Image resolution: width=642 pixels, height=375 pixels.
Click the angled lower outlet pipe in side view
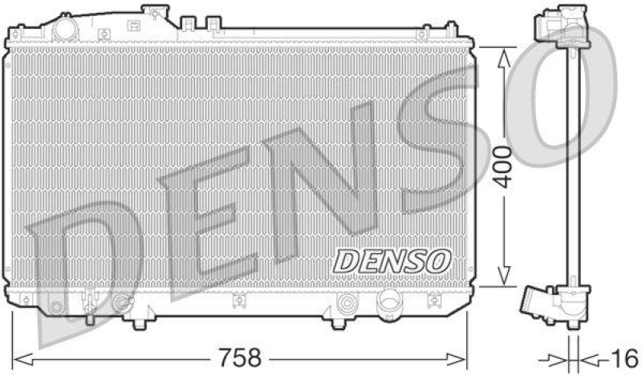535,304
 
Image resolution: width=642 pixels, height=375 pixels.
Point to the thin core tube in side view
571,168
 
